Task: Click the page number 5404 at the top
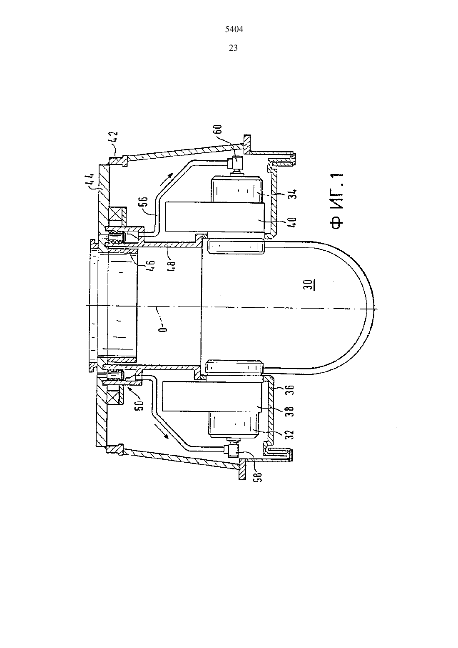234,29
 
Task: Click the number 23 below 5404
233,48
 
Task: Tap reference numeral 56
144,201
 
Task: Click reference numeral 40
292,221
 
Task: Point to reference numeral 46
152,265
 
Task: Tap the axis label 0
164,329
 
